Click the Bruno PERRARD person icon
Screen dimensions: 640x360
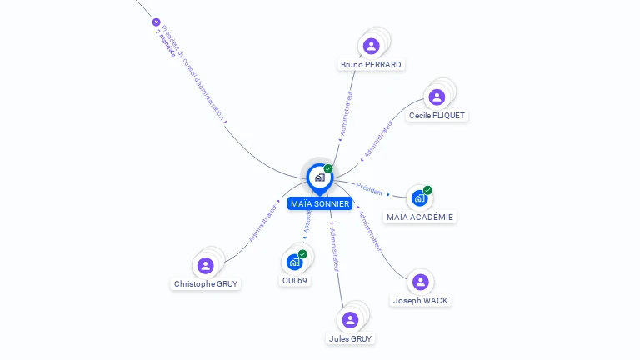[x=372, y=46]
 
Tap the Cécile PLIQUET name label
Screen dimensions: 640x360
[x=437, y=116]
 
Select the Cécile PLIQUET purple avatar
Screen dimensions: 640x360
[x=437, y=97]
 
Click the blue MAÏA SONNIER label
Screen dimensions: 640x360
[x=320, y=204]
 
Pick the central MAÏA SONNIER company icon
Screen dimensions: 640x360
[x=319, y=177]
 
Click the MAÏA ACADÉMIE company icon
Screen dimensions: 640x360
[x=419, y=198]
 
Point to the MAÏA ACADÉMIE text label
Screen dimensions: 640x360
[x=420, y=217]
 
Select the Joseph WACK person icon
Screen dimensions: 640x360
[x=420, y=282]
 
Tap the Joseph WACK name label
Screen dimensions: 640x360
[x=421, y=301]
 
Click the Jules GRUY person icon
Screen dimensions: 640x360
[x=350, y=320]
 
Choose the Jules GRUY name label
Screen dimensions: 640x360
[x=351, y=339]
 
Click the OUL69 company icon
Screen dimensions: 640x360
[x=294, y=262]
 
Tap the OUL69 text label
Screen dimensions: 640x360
[x=295, y=281]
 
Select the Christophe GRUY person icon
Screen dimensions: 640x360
[x=205, y=265]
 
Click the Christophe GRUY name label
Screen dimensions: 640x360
[x=206, y=284]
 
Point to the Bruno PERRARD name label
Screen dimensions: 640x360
[x=371, y=65]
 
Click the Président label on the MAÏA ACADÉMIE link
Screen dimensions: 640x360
[x=369, y=189]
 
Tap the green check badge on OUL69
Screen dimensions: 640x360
[x=302, y=253]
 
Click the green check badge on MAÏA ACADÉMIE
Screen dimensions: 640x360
[x=427, y=190]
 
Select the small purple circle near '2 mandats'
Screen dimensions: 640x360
[x=156, y=22]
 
